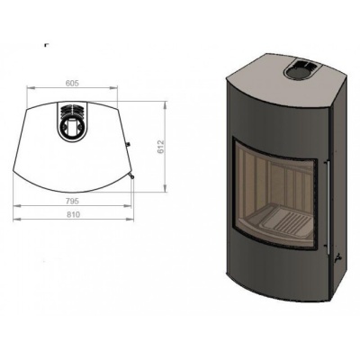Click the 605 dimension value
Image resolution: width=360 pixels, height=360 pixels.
click(x=73, y=82)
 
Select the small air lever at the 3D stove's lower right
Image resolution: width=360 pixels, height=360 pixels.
click(x=337, y=258)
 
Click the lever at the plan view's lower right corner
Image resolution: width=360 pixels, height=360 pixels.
click(x=132, y=177)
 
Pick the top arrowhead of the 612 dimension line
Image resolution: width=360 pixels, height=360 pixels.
click(x=166, y=102)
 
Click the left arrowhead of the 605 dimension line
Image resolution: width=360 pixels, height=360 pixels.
click(x=33, y=88)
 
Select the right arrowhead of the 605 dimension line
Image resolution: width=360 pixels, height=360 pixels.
click(x=114, y=88)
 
